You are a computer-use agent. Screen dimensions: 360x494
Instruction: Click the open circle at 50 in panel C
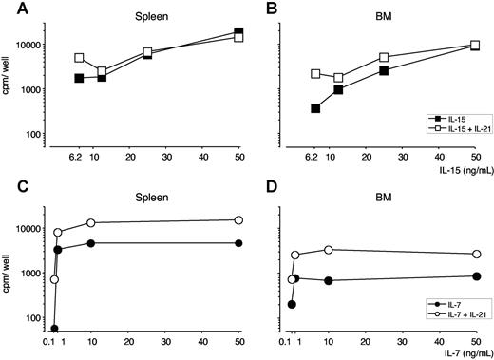pyautogui.click(x=238, y=220)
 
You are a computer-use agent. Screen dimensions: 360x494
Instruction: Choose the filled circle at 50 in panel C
pyautogui.click(x=238, y=243)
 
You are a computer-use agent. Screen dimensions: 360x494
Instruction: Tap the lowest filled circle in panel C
pyautogui.click(x=54, y=329)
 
